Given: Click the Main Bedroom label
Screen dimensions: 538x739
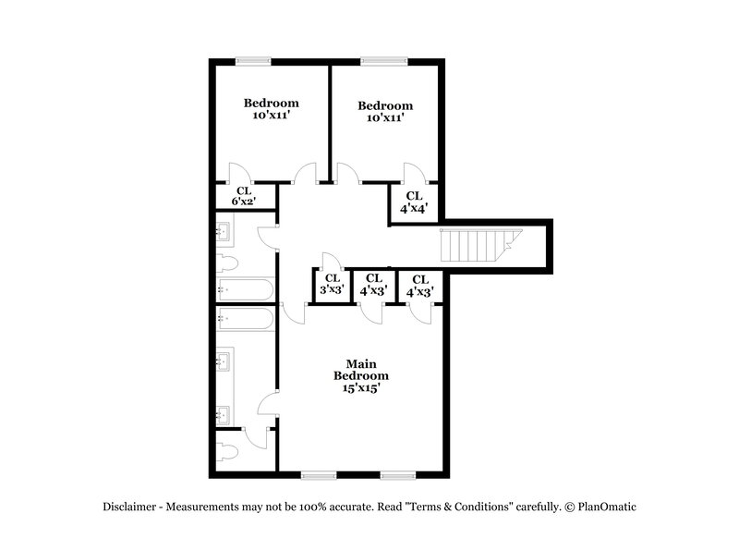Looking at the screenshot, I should (x=360, y=370).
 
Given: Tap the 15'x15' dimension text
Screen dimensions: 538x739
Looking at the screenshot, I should (x=360, y=389).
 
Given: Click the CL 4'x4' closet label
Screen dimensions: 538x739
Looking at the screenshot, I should (x=413, y=202).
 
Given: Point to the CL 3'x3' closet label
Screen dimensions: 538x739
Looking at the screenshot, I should (x=330, y=284).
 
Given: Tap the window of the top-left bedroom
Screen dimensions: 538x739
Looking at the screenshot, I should (x=253, y=62).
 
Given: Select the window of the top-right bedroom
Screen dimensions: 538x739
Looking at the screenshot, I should (x=383, y=62).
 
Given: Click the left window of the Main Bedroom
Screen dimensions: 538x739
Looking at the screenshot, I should (x=319, y=475).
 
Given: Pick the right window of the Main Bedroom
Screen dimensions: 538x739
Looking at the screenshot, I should (x=398, y=475).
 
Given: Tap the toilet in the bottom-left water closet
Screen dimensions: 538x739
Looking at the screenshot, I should (x=228, y=452).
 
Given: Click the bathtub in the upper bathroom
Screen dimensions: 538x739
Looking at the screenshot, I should (x=245, y=289).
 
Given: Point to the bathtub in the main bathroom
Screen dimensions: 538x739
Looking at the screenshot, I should (x=245, y=320).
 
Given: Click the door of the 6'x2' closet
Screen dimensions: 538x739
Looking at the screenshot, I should (x=238, y=174).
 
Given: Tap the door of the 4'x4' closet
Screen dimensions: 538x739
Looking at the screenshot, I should (x=413, y=174).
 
